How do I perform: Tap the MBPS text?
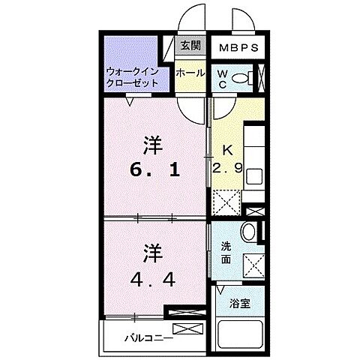click(x=238, y=47)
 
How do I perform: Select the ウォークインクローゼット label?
click(x=132, y=77)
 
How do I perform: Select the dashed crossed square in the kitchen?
click(x=225, y=203)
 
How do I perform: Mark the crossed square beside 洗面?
click(x=253, y=264)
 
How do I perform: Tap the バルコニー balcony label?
click(x=146, y=337)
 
